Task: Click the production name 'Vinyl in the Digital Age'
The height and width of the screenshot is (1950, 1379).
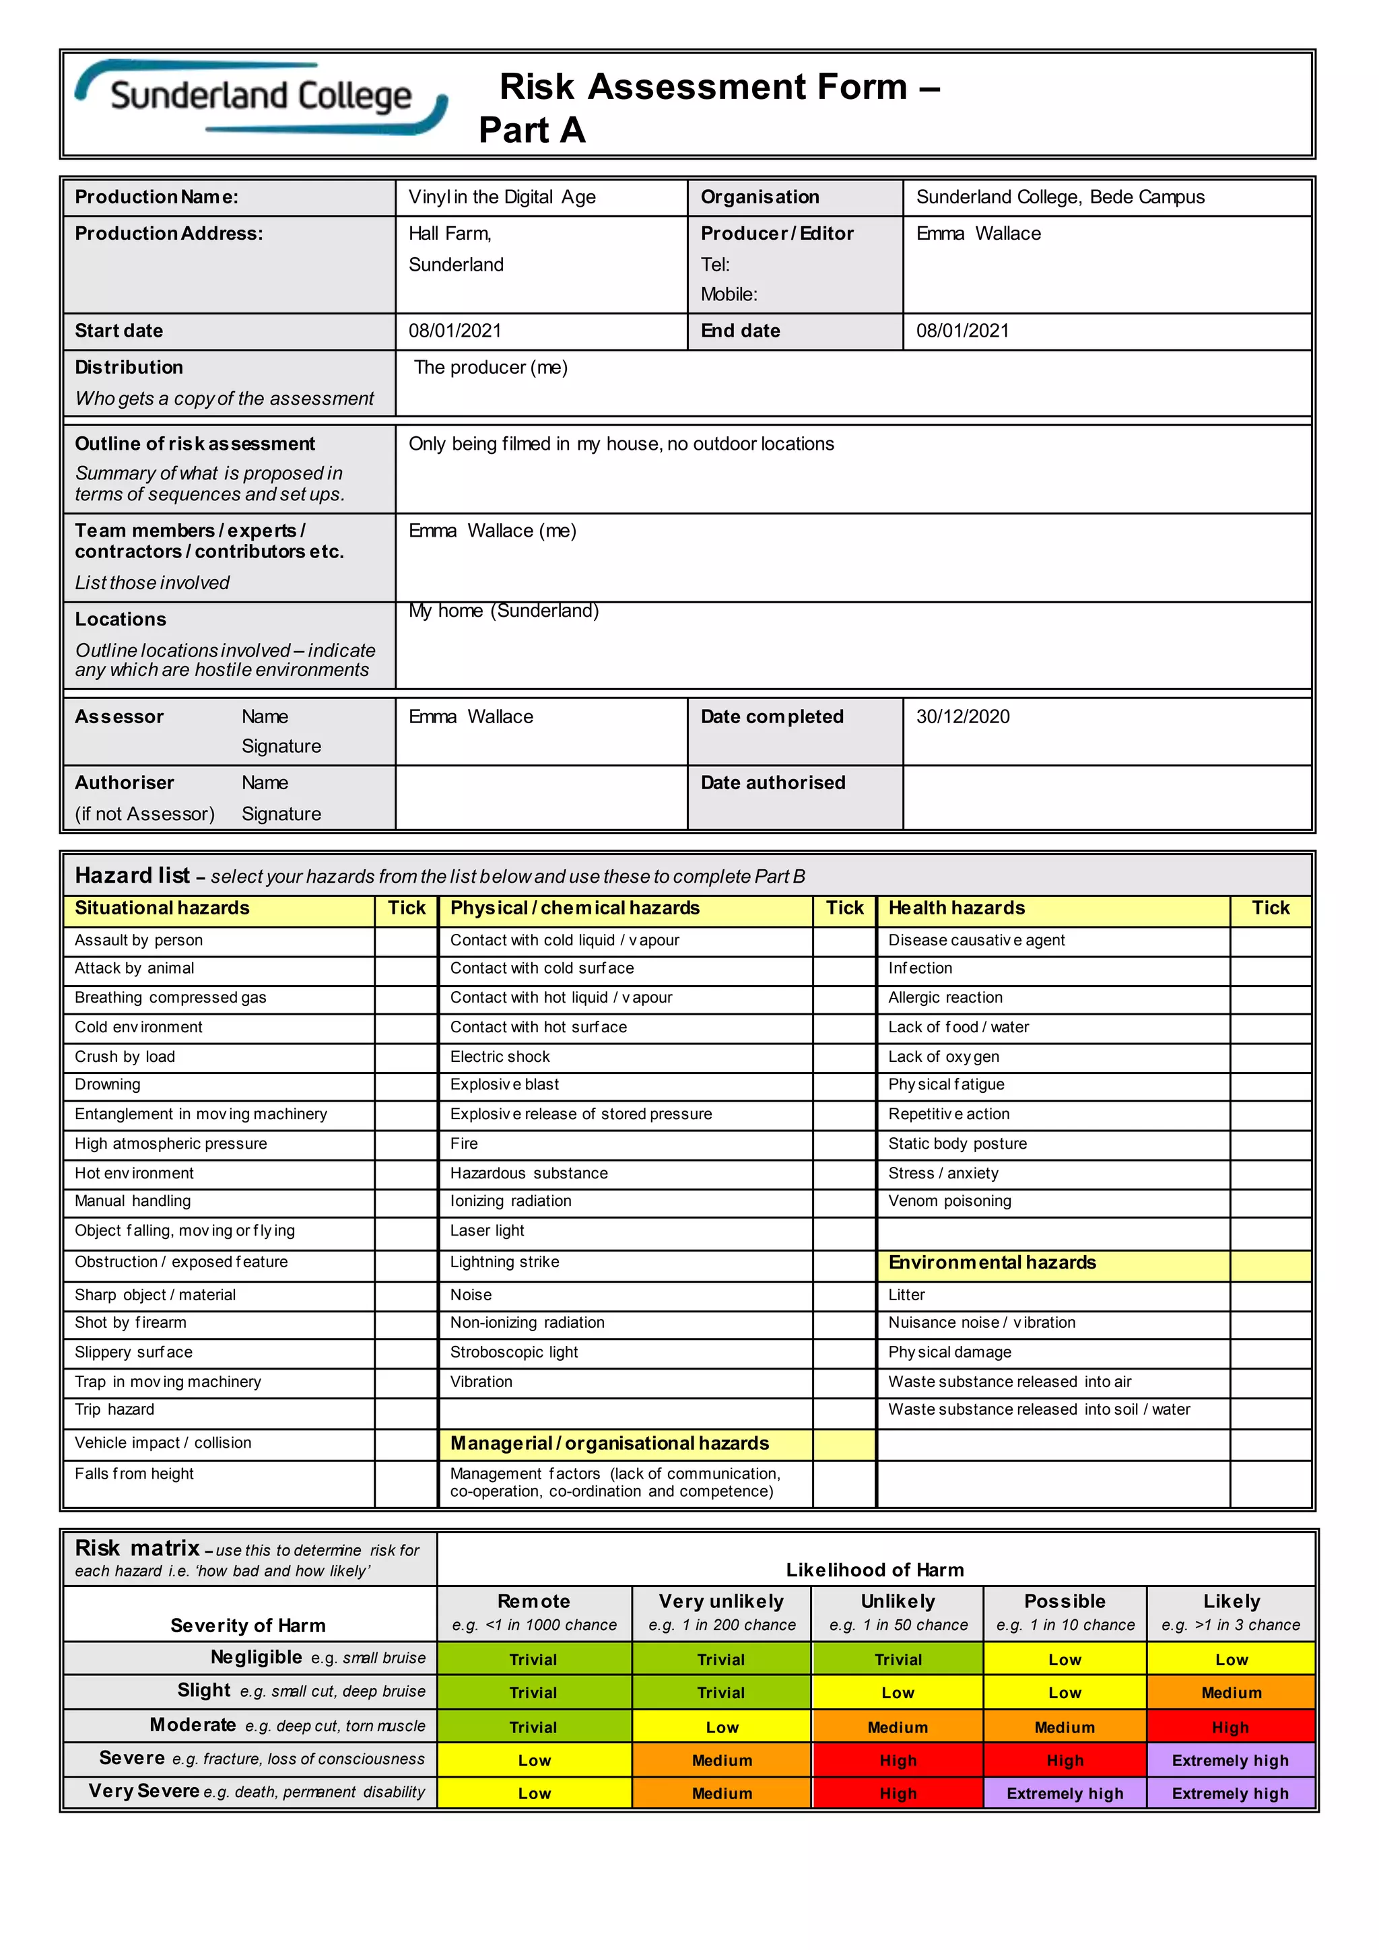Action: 502,197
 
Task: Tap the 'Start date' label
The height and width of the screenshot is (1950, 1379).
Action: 119,331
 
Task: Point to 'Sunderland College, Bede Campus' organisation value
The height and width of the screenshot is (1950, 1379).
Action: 1060,197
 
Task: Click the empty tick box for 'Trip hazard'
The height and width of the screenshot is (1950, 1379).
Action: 406,1410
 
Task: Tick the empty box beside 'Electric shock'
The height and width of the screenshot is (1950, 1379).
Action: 844,1056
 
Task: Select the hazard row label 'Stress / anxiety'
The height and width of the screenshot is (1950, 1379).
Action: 943,1173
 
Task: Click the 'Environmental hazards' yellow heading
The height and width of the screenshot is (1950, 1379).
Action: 992,1263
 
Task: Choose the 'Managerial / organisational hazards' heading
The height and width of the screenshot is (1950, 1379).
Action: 609,1443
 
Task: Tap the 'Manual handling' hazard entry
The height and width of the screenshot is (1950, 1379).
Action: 133,1201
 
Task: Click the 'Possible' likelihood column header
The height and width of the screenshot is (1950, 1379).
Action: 1064,1602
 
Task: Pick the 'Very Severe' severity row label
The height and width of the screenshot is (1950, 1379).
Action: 144,1791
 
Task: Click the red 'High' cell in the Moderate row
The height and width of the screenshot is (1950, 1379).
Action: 1230,1728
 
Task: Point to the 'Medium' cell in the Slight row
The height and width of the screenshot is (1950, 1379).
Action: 1230,1693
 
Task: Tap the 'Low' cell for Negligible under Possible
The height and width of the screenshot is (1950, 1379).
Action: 1064,1660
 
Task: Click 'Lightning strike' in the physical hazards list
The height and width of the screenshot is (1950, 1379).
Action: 504,1262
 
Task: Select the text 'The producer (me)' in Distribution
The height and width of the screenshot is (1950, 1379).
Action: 491,368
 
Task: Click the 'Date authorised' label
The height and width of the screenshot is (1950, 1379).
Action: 773,783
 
